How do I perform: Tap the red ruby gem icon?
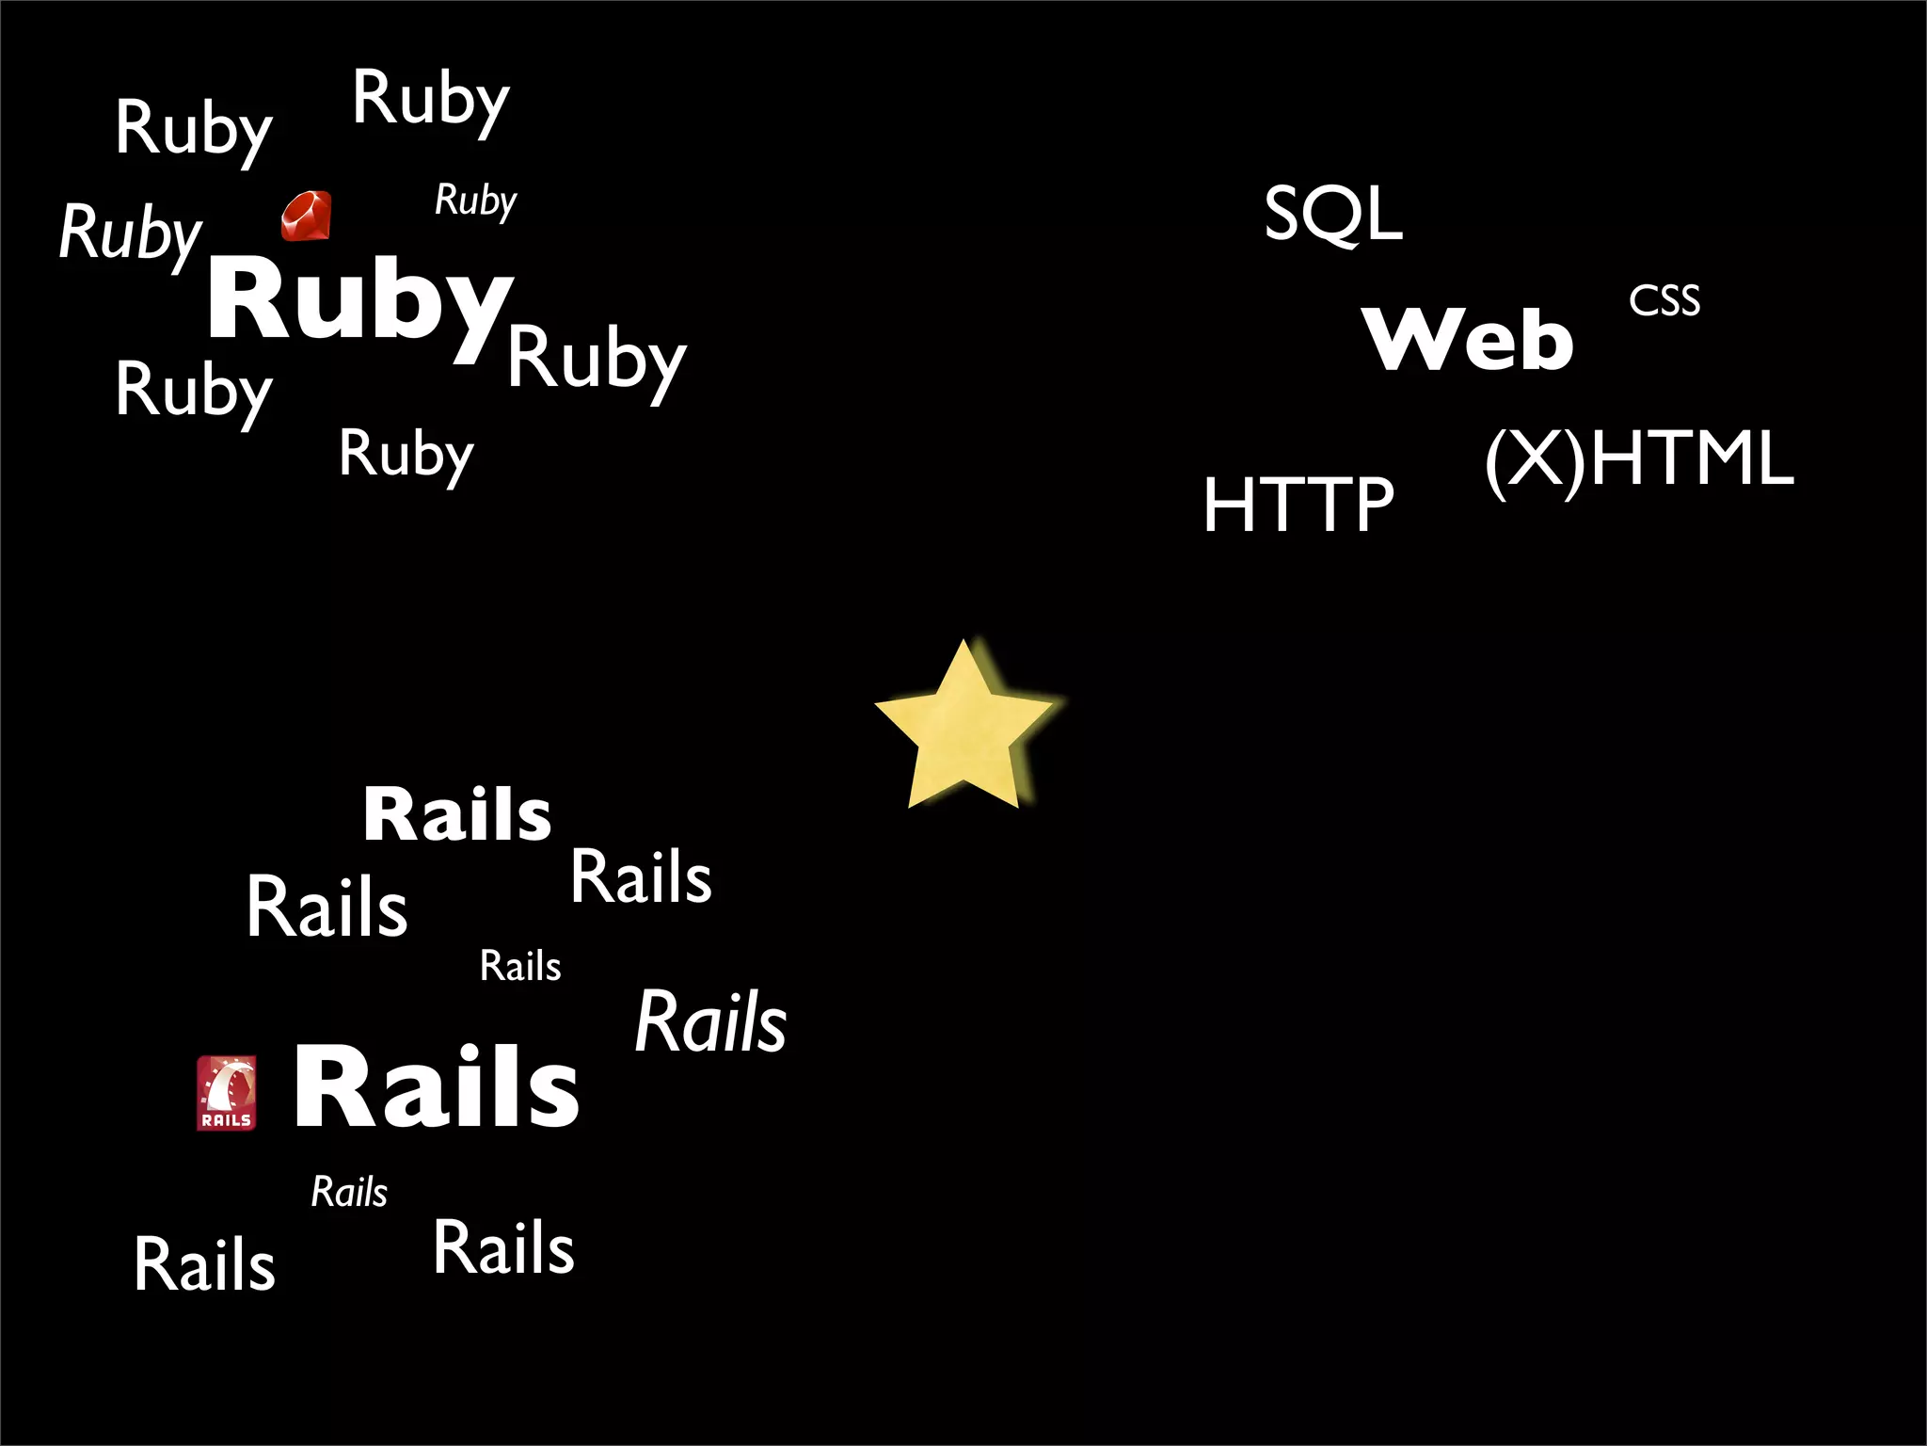[307, 217]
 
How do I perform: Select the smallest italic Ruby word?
[475, 201]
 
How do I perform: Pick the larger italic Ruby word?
[130, 233]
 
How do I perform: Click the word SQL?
[1332, 214]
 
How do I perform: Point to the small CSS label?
[1664, 301]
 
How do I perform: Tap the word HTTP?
[1298, 505]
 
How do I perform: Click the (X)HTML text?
[1639, 459]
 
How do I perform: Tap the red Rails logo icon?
[226, 1092]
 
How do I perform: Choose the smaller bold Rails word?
[457, 815]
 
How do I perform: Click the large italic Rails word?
[710, 1022]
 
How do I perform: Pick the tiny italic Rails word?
[349, 1192]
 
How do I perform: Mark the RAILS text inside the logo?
[226, 1120]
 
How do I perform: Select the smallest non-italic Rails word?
[520, 967]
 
